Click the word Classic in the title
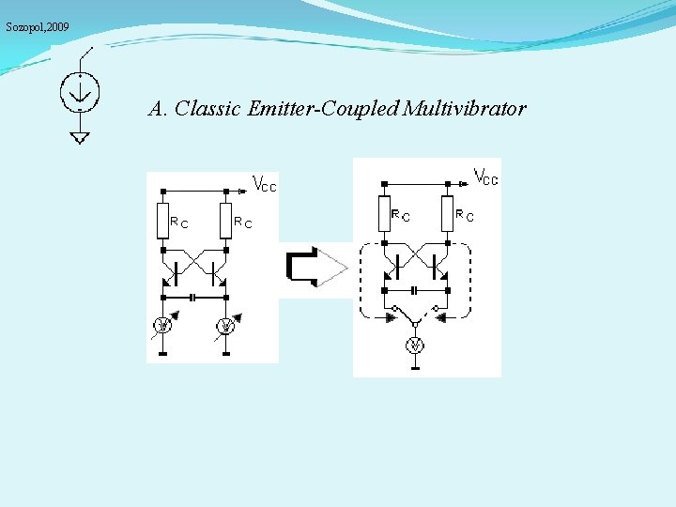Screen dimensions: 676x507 pos(207,109)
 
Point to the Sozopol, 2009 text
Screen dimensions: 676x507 pos(38,28)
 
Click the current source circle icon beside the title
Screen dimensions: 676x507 pos(80,90)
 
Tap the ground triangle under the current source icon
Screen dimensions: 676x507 pos(80,138)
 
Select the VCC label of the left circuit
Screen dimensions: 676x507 pos(264,185)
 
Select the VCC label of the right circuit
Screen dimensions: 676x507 pos(485,176)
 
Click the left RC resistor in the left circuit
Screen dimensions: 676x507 pos(162,221)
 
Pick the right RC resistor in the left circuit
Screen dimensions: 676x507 pos(225,221)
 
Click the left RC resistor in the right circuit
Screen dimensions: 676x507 pos(384,213)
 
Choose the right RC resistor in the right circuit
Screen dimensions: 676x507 pos(446,213)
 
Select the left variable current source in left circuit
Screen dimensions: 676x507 pos(162,326)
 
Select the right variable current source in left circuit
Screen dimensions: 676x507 pos(225,326)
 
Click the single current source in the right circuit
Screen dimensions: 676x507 pos(415,346)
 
